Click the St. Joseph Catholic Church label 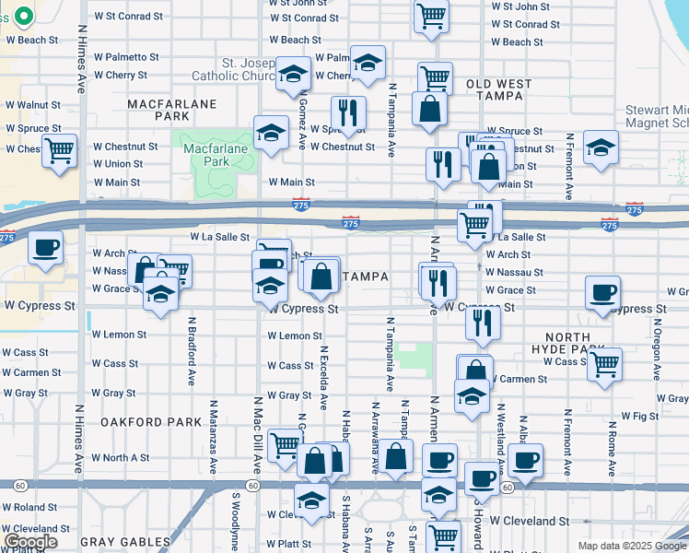coord(231,69)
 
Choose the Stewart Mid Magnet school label coord(655,117)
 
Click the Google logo coord(30,542)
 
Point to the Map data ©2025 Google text coord(631,546)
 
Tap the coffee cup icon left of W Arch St coord(44,247)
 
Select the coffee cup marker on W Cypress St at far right coord(603,292)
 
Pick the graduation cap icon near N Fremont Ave coord(601,147)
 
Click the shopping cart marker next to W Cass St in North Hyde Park coord(604,363)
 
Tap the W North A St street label coord(121,458)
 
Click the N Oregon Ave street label coord(658,349)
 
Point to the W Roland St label coord(29,508)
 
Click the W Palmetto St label coord(122,57)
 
